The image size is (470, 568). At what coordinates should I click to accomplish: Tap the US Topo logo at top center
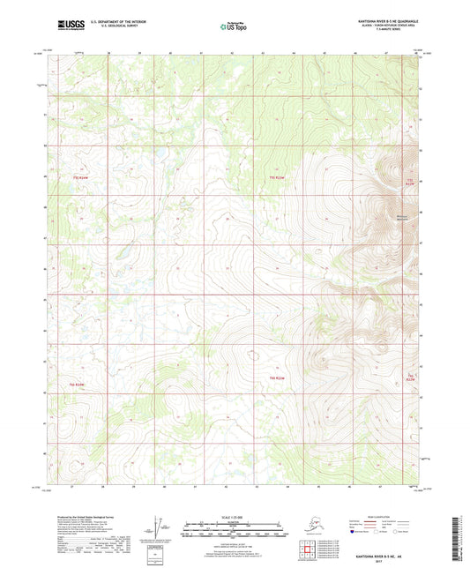coord(234,26)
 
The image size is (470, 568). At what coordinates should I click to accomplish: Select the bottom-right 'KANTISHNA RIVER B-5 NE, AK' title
coord(385,553)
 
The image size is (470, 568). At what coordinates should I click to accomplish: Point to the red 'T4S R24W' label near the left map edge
coord(80,178)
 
